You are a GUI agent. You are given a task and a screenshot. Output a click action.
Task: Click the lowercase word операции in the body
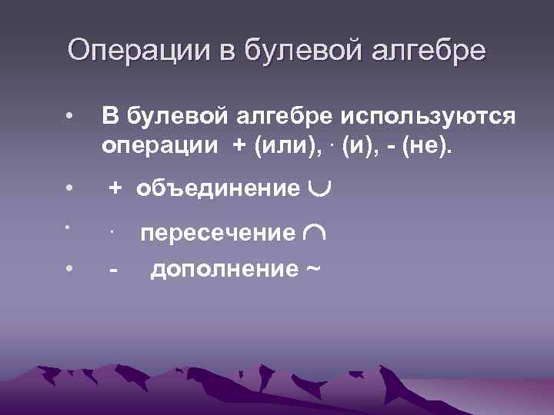click(157, 145)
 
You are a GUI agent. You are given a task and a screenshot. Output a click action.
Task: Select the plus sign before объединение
click(115, 188)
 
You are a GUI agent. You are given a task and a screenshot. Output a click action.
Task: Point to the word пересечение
click(217, 233)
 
